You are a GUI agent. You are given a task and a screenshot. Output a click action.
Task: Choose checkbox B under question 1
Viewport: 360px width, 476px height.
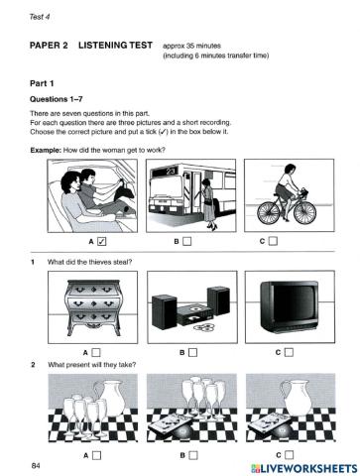(194, 351)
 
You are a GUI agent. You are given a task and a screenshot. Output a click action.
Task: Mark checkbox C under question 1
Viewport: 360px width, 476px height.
(286, 351)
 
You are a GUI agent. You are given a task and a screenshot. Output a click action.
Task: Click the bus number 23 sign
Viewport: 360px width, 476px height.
(170, 172)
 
